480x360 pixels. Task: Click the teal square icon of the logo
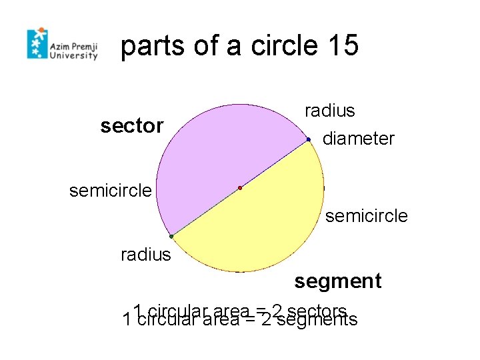(37, 45)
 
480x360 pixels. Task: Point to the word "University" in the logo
(74, 57)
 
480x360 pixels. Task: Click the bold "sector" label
(131, 125)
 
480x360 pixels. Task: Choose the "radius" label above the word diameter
(329, 111)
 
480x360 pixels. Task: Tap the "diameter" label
(358, 139)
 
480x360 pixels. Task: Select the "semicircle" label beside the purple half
(111, 191)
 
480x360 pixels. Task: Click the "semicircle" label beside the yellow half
(366, 216)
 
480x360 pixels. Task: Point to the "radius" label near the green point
(145, 255)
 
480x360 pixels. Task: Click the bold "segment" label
(337, 281)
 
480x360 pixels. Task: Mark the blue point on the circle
(309, 139)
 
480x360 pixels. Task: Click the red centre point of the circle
(240, 188)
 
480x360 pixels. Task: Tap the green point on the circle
(171, 237)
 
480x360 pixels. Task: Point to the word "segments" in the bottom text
(317, 321)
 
